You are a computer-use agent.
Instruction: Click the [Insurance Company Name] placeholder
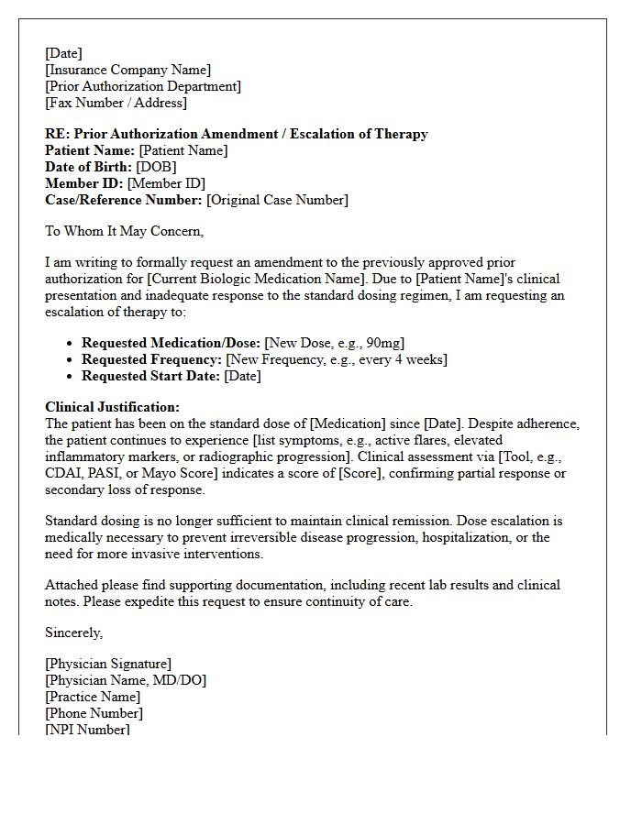coord(127,70)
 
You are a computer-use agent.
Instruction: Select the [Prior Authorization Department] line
coord(143,86)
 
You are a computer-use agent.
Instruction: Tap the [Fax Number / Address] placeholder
coord(116,103)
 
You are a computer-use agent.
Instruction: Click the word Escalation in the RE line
coord(325,134)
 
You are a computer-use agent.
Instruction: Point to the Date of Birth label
coord(88,167)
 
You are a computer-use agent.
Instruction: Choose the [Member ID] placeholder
coord(166,183)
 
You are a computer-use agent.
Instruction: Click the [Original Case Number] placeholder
coord(277,200)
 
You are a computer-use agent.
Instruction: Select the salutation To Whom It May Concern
coord(125,231)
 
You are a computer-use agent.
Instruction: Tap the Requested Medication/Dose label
coord(172,343)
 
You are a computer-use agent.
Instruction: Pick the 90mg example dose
coord(380,343)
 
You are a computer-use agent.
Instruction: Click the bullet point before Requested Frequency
coord(71,360)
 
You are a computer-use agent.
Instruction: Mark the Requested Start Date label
coord(149,376)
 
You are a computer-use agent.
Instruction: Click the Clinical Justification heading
coord(112,407)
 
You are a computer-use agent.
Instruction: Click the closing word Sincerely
coord(74,632)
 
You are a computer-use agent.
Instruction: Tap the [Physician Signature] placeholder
coord(108,664)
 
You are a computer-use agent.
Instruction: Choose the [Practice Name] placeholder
coord(93,697)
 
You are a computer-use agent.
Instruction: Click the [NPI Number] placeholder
coord(87,730)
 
